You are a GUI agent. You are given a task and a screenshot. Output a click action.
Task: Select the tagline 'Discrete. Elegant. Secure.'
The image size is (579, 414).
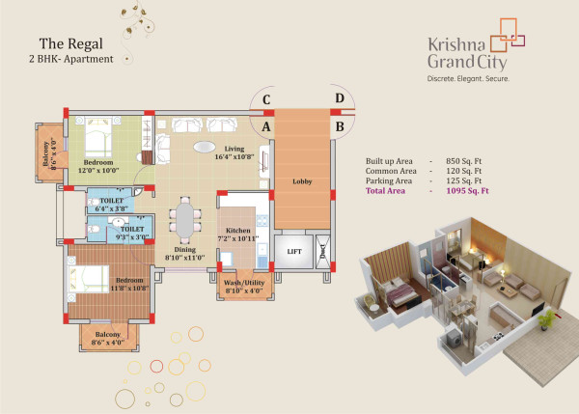468,77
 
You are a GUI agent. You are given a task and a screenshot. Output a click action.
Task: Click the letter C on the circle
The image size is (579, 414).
265,98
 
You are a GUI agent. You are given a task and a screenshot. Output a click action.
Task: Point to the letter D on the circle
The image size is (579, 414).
339,97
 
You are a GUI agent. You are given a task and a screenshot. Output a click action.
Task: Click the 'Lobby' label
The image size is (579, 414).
302,180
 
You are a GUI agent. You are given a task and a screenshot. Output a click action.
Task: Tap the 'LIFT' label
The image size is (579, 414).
295,252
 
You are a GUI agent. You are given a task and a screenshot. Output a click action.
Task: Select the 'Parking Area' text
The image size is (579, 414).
390,181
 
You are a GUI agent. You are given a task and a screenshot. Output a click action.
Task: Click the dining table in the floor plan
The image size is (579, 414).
182,222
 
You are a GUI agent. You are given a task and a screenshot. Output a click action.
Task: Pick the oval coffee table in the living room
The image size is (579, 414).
205,148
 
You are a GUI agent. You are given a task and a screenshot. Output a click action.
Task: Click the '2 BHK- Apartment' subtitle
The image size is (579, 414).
71,59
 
